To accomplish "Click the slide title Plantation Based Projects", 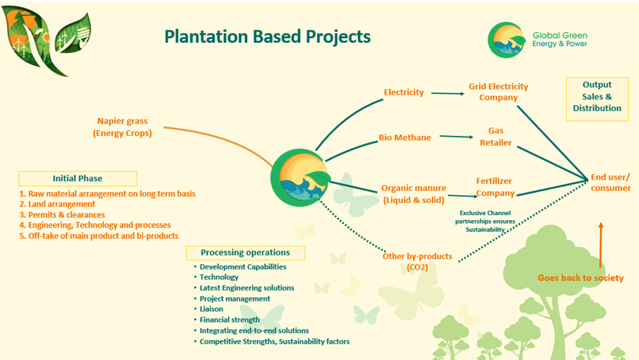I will pyautogui.click(x=267, y=36).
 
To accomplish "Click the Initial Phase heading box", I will pyautogui.click(x=78, y=178).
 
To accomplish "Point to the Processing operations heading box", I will pyautogui.click(x=245, y=252).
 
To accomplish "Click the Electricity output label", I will pyautogui.click(x=403, y=92).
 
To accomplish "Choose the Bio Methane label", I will pyautogui.click(x=405, y=137).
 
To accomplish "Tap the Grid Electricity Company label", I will pyautogui.click(x=498, y=92).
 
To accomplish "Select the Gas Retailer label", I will pyautogui.click(x=495, y=137).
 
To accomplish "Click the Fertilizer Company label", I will pyautogui.click(x=495, y=187).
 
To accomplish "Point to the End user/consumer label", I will pyautogui.click(x=611, y=182).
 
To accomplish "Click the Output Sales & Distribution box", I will pyautogui.click(x=597, y=97).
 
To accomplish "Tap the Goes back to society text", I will pyautogui.click(x=580, y=278).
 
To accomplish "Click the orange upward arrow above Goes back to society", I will pyautogui.click(x=601, y=244).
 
